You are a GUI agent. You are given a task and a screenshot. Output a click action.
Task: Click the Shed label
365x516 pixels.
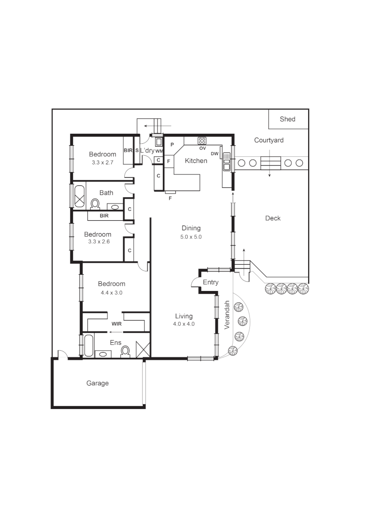click(288, 119)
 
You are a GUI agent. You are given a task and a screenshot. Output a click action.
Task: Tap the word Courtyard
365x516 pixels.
click(268, 140)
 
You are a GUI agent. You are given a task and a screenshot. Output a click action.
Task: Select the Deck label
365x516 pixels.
click(273, 218)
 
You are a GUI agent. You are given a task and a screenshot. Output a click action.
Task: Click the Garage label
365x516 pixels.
click(97, 383)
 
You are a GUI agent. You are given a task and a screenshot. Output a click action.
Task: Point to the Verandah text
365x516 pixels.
click(227, 315)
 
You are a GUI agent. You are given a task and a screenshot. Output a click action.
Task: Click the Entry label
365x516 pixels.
click(211, 282)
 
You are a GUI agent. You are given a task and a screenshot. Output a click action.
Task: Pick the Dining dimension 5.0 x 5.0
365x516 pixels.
click(191, 236)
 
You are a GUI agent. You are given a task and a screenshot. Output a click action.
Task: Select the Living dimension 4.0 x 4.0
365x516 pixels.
click(184, 324)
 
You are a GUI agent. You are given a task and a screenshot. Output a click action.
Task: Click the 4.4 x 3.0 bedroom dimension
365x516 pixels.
click(112, 292)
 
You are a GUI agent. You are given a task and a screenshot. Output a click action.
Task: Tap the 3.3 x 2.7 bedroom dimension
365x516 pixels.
click(103, 162)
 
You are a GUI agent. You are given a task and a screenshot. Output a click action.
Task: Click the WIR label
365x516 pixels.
click(116, 323)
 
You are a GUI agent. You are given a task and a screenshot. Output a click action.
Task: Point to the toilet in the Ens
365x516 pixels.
click(126, 351)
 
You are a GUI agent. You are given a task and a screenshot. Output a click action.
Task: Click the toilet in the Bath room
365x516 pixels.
click(95, 204)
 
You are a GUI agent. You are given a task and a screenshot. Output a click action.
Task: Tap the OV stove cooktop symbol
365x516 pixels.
click(203, 140)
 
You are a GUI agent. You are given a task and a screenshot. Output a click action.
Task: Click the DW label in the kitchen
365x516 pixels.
click(215, 154)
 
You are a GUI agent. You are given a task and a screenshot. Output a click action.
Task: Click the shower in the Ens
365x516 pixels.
click(143, 349)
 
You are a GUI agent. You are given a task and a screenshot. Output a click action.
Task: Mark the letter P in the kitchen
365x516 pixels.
click(171, 144)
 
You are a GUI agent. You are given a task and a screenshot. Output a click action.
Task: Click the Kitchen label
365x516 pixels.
click(196, 161)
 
